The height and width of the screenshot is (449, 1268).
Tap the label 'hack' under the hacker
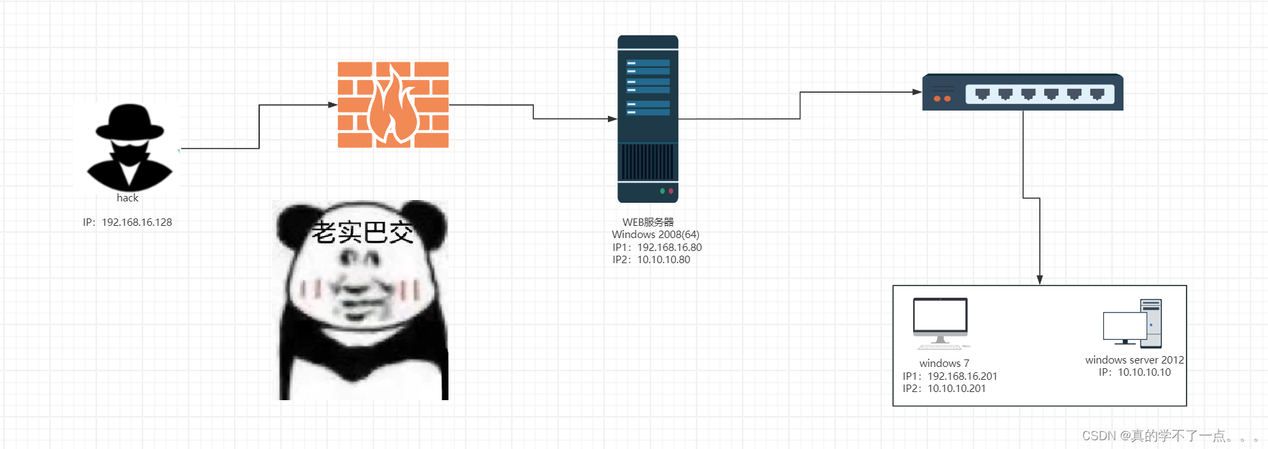click(x=128, y=198)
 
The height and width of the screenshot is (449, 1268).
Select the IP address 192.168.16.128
click(x=128, y=222)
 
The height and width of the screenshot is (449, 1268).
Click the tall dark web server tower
click(x=647, y=119)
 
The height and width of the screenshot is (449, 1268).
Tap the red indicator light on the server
click(x=671, y=191)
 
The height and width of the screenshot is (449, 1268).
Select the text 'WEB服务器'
click(x=648, y=222)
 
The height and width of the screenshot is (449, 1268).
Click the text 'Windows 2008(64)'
click(x=655, y=235)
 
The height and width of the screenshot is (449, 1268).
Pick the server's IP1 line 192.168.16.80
click(x=657, y=248)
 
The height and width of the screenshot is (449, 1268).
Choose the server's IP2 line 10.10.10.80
click(x=651, y=260)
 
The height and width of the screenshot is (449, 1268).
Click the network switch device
click(x=1022, y=92)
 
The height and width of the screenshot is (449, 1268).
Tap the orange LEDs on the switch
click(x=942, y=99)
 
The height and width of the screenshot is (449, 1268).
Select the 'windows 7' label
click(x=944, y=364)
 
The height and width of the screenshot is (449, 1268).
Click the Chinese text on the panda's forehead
click(x=362, y=233)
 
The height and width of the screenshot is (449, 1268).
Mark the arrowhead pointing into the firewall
click(x=332, y=105)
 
